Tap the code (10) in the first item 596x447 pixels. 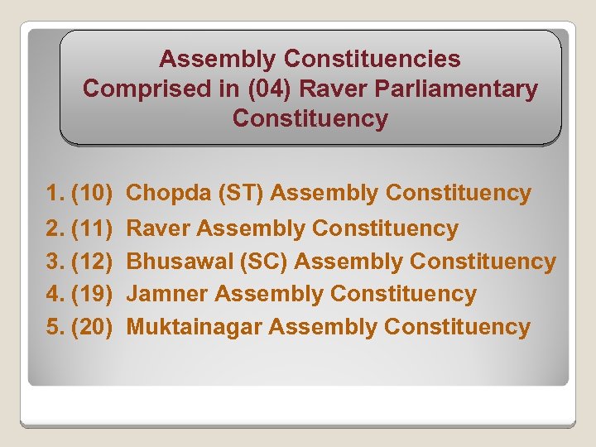[x=92, y=194]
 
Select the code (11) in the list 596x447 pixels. [x=92, y=228]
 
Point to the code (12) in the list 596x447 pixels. [x=92, y=262]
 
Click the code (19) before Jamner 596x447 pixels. [x=92, y=294]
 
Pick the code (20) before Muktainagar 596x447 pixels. [x=92, y=327]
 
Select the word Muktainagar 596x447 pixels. [x=195, y=327]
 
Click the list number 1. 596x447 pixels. [x=54, y=194]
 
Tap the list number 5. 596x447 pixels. [x=54, y=327]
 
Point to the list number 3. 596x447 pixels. [x=54, y=262]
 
